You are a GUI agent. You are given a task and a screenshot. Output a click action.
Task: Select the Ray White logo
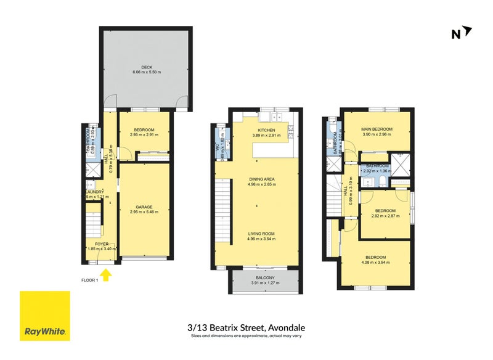(44, 315)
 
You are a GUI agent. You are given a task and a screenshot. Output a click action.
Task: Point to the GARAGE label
(145, 207)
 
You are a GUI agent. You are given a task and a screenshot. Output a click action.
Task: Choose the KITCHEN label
(266, 130)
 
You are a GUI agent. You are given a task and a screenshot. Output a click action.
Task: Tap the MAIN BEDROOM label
(377, 129)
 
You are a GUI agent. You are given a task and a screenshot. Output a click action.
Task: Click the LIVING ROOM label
(261, 234)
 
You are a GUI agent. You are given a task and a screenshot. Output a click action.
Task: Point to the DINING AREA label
(261, 179)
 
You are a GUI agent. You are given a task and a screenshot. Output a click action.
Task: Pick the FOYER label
(101, 243)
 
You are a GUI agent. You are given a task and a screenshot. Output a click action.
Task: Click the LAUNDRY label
(94, 192)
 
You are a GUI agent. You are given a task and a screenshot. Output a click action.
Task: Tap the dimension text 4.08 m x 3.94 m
(376, 263)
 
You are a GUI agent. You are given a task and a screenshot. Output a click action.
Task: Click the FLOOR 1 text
(90, 280)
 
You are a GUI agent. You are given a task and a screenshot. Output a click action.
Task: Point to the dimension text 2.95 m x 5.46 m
(145, 212)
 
